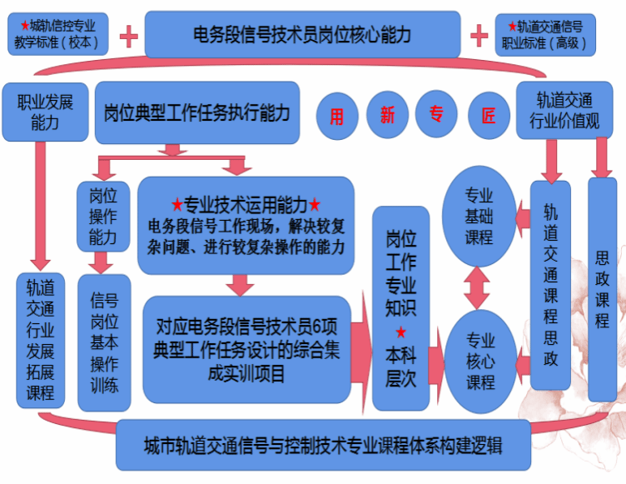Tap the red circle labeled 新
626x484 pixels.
[x=388, y=116]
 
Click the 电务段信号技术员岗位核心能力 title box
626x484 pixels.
[x=302, y=35]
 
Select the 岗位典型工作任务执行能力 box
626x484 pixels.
[x=197, y=112]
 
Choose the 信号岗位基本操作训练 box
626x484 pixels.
[x=104, y=342]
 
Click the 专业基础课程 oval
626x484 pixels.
[x=479, y=217]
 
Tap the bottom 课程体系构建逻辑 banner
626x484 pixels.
[x=322, y=442]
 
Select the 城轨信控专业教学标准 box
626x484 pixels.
[x=58, y=35]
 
